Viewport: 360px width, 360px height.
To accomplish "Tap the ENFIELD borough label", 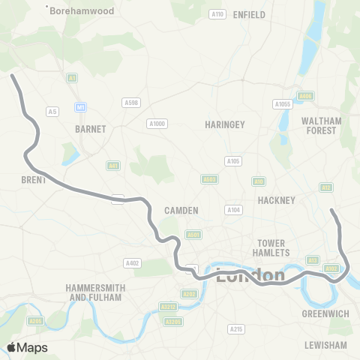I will pyautogui.click(x=249, y=14).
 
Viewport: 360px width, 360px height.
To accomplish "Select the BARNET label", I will pyautogui.click(x=91, y=129).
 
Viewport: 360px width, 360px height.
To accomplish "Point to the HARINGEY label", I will pyautogui.click(x=224, y=124).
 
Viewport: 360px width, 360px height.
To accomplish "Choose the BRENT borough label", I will pyautogui.click(x=34, y=180).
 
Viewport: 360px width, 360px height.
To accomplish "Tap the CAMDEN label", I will pyautogui.click(x=181, y=211).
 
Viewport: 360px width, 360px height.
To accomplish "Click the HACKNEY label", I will pyautogui.click(x=277, y=199).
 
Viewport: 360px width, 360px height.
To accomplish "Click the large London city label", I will pyautogui.click(x=250, y=275).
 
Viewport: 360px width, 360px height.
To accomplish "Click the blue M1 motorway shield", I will pyautogui.click(x=79, y=108).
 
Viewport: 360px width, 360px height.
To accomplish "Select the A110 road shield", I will pyautogui.click(x=217, y=14).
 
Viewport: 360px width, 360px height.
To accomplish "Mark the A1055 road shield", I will pyautogui.click(x=282, y=104).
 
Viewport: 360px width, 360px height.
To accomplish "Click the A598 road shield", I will pyautogui.click(x=131, y=102).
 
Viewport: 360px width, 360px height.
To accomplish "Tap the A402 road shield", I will pyautogui.click(x=133, y=262).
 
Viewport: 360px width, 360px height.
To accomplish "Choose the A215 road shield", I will pyautogui.click(x=237, y=328).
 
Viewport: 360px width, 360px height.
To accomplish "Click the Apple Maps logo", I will pyautogui.click(x=28, y=347).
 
